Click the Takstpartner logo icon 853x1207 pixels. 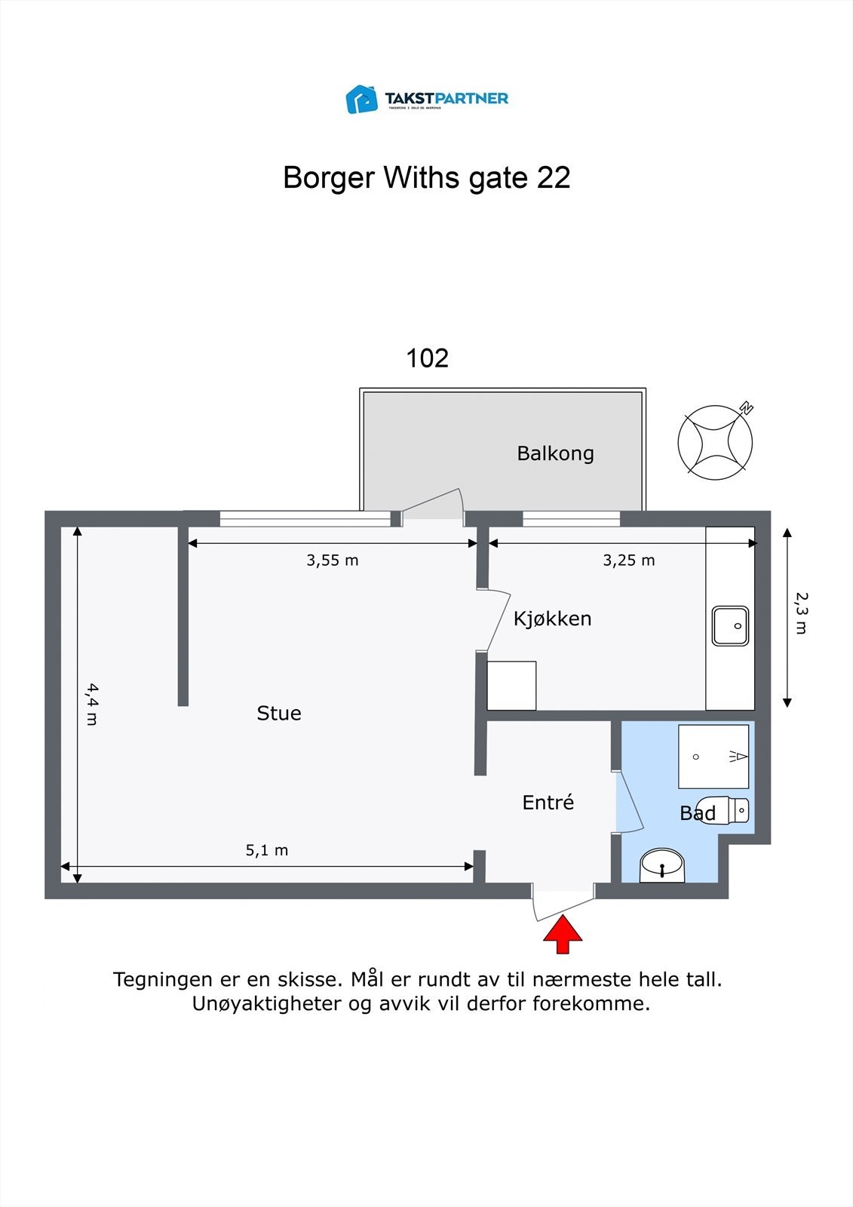361,99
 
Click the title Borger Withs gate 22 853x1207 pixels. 426,178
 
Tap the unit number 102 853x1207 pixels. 427,358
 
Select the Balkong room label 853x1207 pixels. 555,453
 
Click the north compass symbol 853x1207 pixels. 715,442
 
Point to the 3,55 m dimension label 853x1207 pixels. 332,561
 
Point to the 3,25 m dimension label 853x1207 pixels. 628,561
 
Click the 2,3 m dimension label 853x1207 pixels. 801,613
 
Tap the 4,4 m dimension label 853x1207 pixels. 91,704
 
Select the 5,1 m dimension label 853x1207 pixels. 266,850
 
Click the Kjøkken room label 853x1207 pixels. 552,619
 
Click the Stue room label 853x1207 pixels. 278,713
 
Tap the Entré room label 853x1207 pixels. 548,803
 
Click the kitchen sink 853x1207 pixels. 730,625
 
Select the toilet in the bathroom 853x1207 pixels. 724,811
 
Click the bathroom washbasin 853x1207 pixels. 661,865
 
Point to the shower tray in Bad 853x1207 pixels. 713,756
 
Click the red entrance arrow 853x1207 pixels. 563,935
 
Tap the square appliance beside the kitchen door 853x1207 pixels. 511,685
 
